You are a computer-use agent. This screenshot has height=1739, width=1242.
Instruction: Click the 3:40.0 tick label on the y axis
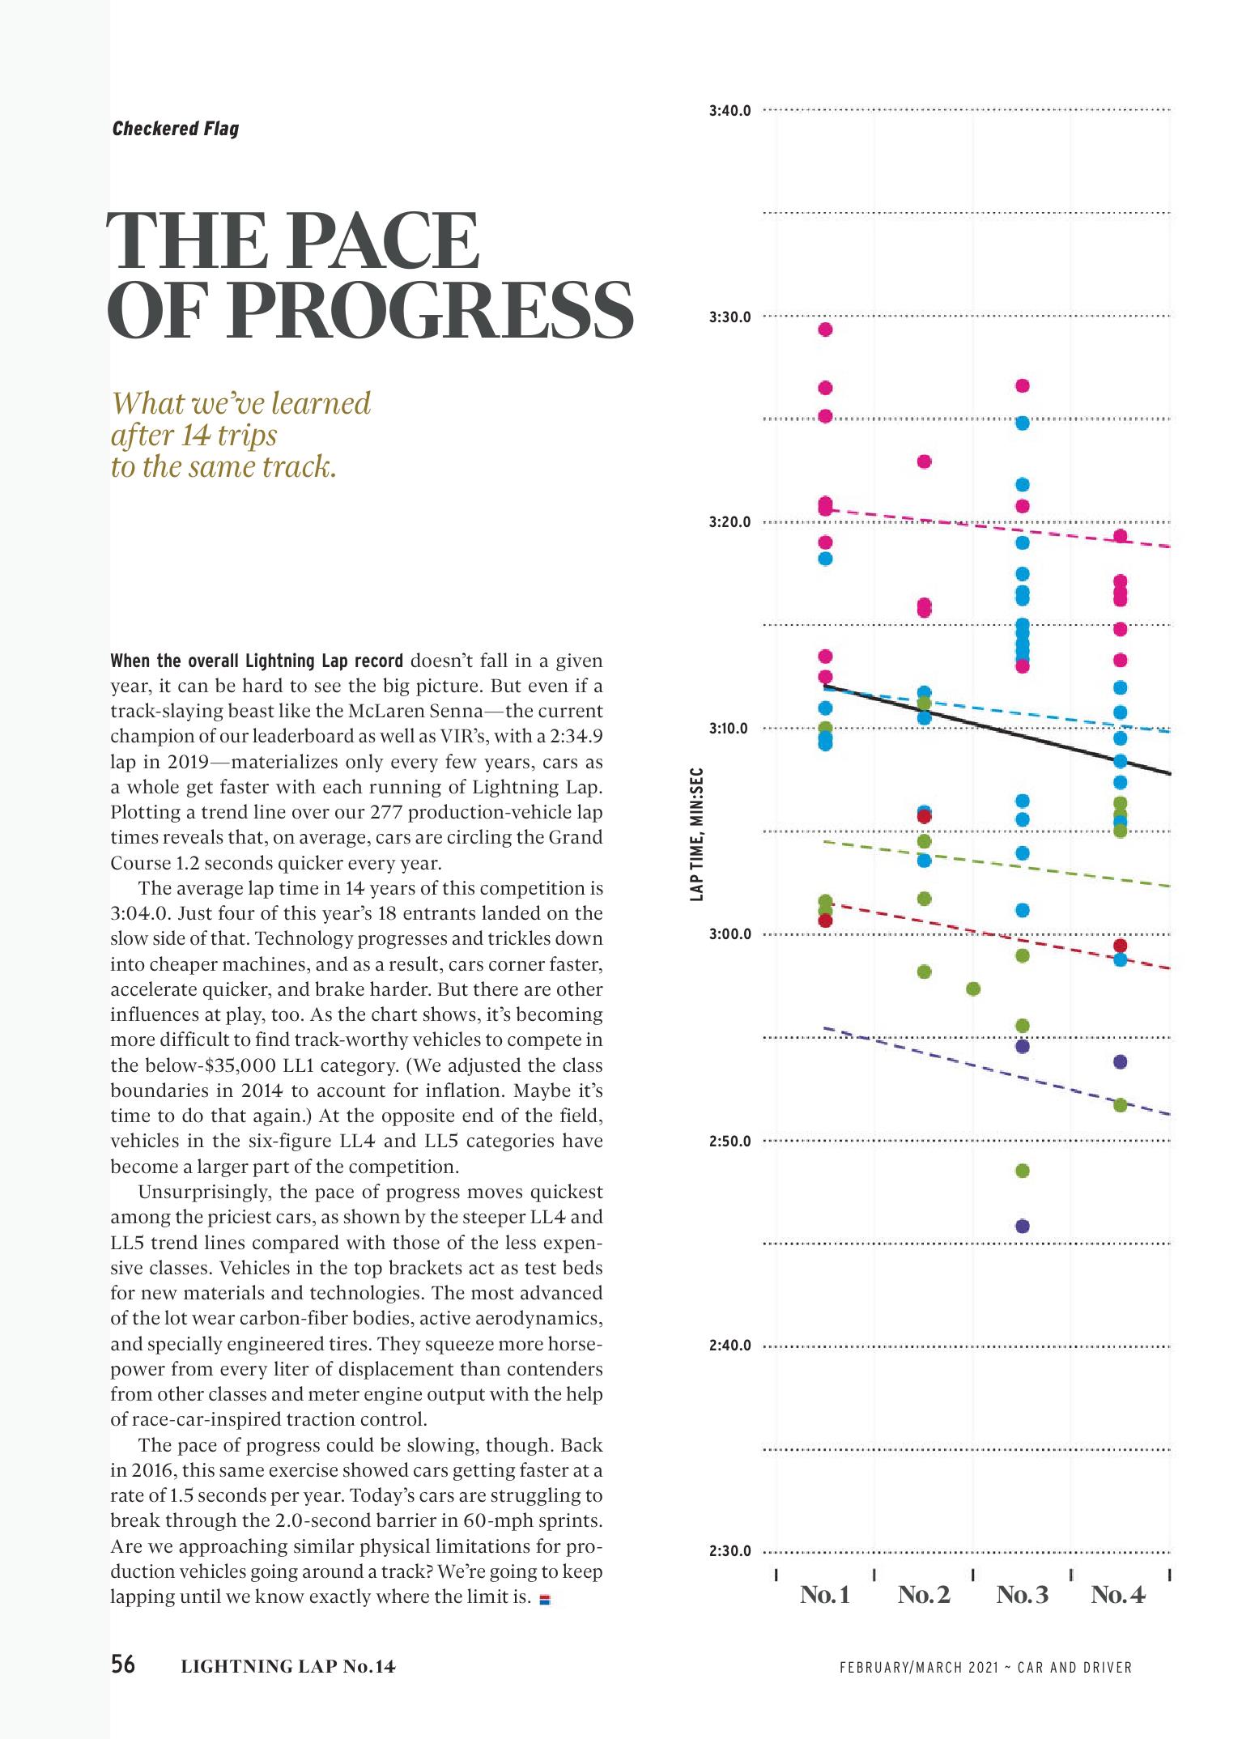729,110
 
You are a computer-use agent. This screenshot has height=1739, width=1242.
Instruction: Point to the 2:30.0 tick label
729,1552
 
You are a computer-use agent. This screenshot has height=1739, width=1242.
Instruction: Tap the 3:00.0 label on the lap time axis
729,934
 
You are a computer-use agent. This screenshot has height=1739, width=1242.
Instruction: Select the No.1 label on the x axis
825,1595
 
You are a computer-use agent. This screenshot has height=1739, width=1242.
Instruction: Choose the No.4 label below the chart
1118,1595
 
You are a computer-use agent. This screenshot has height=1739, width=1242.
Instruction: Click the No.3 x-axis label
1022,1595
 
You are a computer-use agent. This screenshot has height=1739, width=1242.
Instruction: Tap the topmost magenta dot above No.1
825,330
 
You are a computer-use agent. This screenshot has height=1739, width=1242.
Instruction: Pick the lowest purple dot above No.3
1022,1226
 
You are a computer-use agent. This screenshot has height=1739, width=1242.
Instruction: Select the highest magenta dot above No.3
1022,385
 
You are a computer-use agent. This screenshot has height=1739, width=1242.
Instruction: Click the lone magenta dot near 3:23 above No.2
924,461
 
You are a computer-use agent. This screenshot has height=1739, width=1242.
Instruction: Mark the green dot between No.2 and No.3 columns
973,989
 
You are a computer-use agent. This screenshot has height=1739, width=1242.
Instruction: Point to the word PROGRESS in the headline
428,312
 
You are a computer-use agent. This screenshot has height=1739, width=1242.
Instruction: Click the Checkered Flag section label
176,129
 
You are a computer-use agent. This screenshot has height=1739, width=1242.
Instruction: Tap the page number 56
123,1665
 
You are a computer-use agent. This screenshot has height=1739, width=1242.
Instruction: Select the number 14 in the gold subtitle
195,436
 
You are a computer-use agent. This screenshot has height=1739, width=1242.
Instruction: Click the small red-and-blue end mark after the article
544,1600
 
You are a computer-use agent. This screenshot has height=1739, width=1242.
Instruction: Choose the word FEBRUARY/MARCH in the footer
897,1667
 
